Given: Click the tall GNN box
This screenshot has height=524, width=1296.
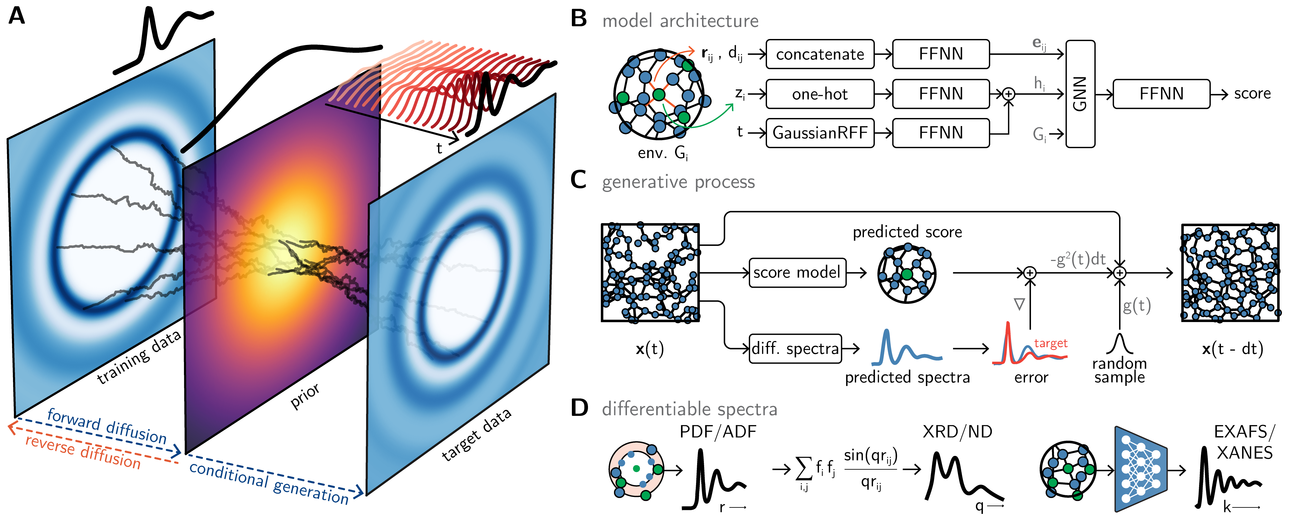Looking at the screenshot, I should [1080, 94].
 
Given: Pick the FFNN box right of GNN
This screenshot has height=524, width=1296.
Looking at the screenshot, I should [1161, 94].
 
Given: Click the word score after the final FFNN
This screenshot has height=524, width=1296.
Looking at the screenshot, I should [1252, 94].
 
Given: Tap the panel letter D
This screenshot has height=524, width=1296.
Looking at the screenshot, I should [579, 408].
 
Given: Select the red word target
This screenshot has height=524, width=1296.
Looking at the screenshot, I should [1050, 343].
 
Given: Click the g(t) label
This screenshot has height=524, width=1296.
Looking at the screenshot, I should [1136, 306].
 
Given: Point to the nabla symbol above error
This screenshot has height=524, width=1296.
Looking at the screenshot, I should [1019, 304].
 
